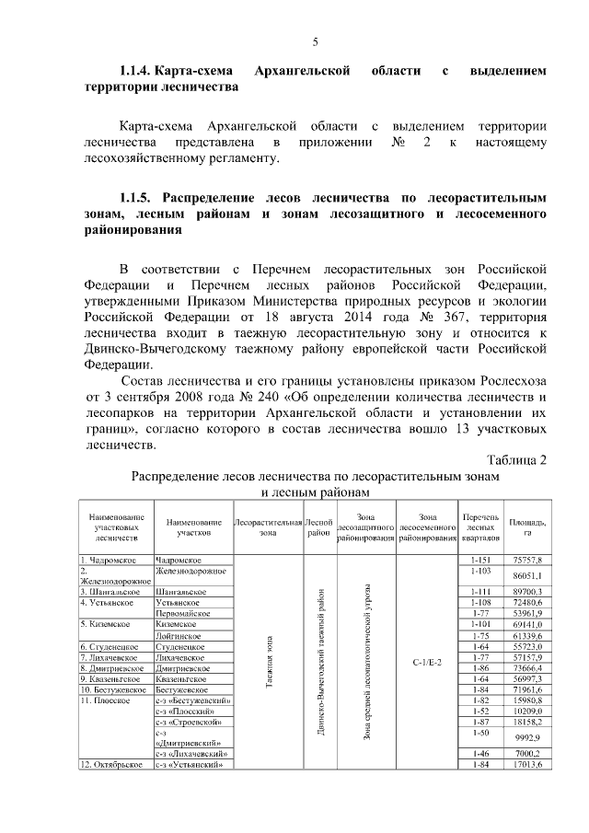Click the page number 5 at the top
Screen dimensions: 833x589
(x=316, y=42)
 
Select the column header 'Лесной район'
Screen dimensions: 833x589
(x=319, y=527)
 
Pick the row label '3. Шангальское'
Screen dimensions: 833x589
(x=110, y=591)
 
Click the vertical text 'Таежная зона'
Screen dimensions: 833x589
(x=268, y=662)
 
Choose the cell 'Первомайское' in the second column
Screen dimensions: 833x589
(x=183, y=612)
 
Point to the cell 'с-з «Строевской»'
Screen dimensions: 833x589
(x=187, y=723)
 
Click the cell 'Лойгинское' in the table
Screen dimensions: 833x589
(x=179, y=635)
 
